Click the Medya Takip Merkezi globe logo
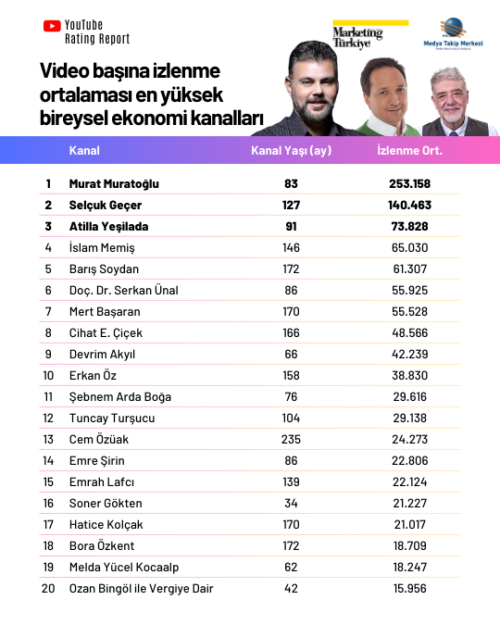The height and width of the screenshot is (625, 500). pos(453,31)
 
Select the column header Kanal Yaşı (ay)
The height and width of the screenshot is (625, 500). pos(292,150)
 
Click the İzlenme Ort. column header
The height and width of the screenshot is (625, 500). pos(410,150)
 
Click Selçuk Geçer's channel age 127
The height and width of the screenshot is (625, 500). pos(292,205)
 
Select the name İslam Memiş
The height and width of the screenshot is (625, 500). pos(102,247)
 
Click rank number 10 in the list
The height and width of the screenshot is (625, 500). pos(48,375)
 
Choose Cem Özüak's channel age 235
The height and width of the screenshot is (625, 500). pos(292,439)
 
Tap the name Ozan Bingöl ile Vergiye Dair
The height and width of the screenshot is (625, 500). pos(142,588)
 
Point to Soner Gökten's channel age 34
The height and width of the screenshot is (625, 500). pos(292,503)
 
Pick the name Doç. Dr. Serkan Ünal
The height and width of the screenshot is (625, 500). pos(123,290)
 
